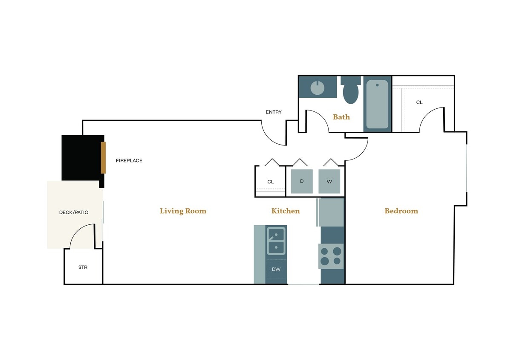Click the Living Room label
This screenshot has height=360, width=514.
point(183,211)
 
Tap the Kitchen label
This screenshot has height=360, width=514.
point(285,211)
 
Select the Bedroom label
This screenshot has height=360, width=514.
point(401,211)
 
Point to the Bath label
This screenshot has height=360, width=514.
point(341,117)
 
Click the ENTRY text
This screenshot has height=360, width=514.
point(274,112)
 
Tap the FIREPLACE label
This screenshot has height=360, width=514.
point(129,161)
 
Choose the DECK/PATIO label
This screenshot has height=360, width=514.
point(74,212)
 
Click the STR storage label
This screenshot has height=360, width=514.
point(83,267)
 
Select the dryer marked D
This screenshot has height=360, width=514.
point(302,181)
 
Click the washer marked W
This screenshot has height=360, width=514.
point(329,181)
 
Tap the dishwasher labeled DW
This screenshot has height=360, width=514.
point(276,269)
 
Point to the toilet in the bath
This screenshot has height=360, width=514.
point(350,91)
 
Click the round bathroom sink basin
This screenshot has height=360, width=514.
point(318,87)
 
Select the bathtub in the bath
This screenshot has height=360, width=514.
point(377,105)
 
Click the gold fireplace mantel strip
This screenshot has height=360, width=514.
point(103,158)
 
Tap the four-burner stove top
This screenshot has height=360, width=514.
point(331,256)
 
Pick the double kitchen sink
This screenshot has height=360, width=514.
point(276,241)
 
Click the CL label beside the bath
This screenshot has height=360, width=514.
point(419,102)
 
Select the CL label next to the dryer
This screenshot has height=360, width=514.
point(271,182)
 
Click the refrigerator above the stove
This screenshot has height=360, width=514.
point(331,212)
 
